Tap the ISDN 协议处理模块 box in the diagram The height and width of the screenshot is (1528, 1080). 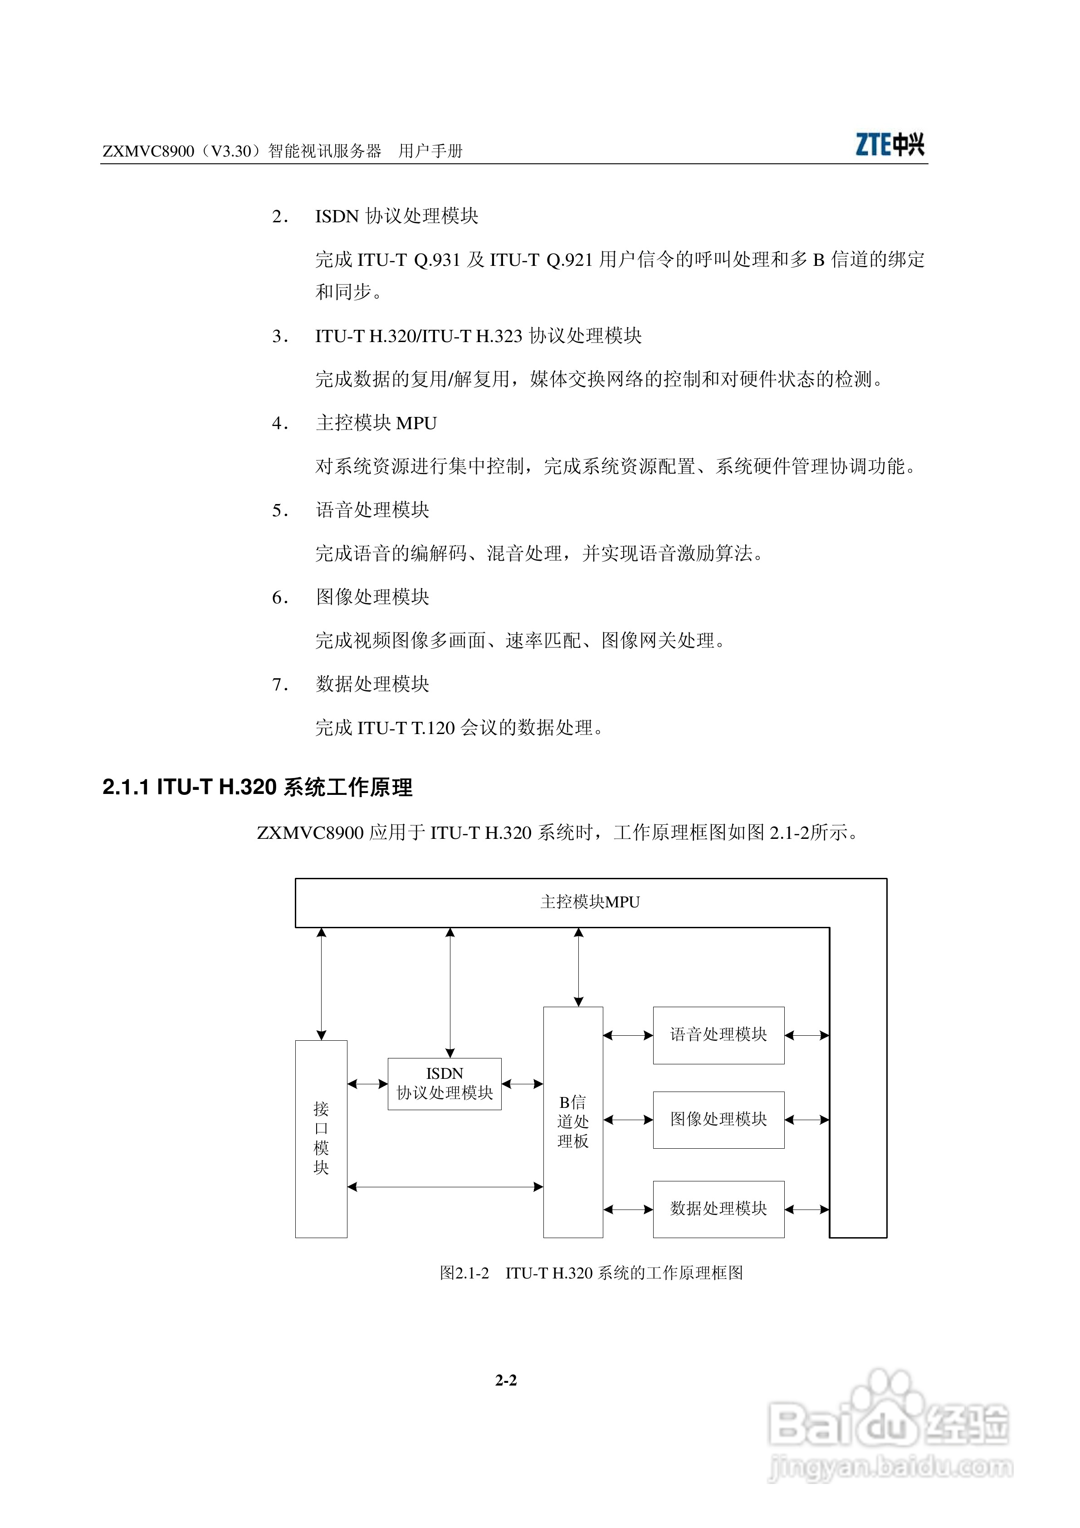point(444,1084)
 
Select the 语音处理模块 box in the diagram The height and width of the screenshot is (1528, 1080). point(718,1035)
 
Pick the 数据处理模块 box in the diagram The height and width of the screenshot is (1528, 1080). point(718,1209)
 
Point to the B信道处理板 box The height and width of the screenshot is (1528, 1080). point(573,1122)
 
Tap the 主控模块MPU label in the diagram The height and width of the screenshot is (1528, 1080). point(590,902)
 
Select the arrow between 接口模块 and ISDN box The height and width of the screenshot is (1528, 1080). point(367,1084)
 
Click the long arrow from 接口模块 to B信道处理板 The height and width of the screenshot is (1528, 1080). point(445,1186)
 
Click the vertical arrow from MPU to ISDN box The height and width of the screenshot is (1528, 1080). point(450,992)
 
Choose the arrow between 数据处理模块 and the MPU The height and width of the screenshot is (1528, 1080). point(806,1209)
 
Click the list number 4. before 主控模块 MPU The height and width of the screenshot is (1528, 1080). point(279,423)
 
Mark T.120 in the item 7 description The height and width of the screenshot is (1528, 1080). point(433,728)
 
